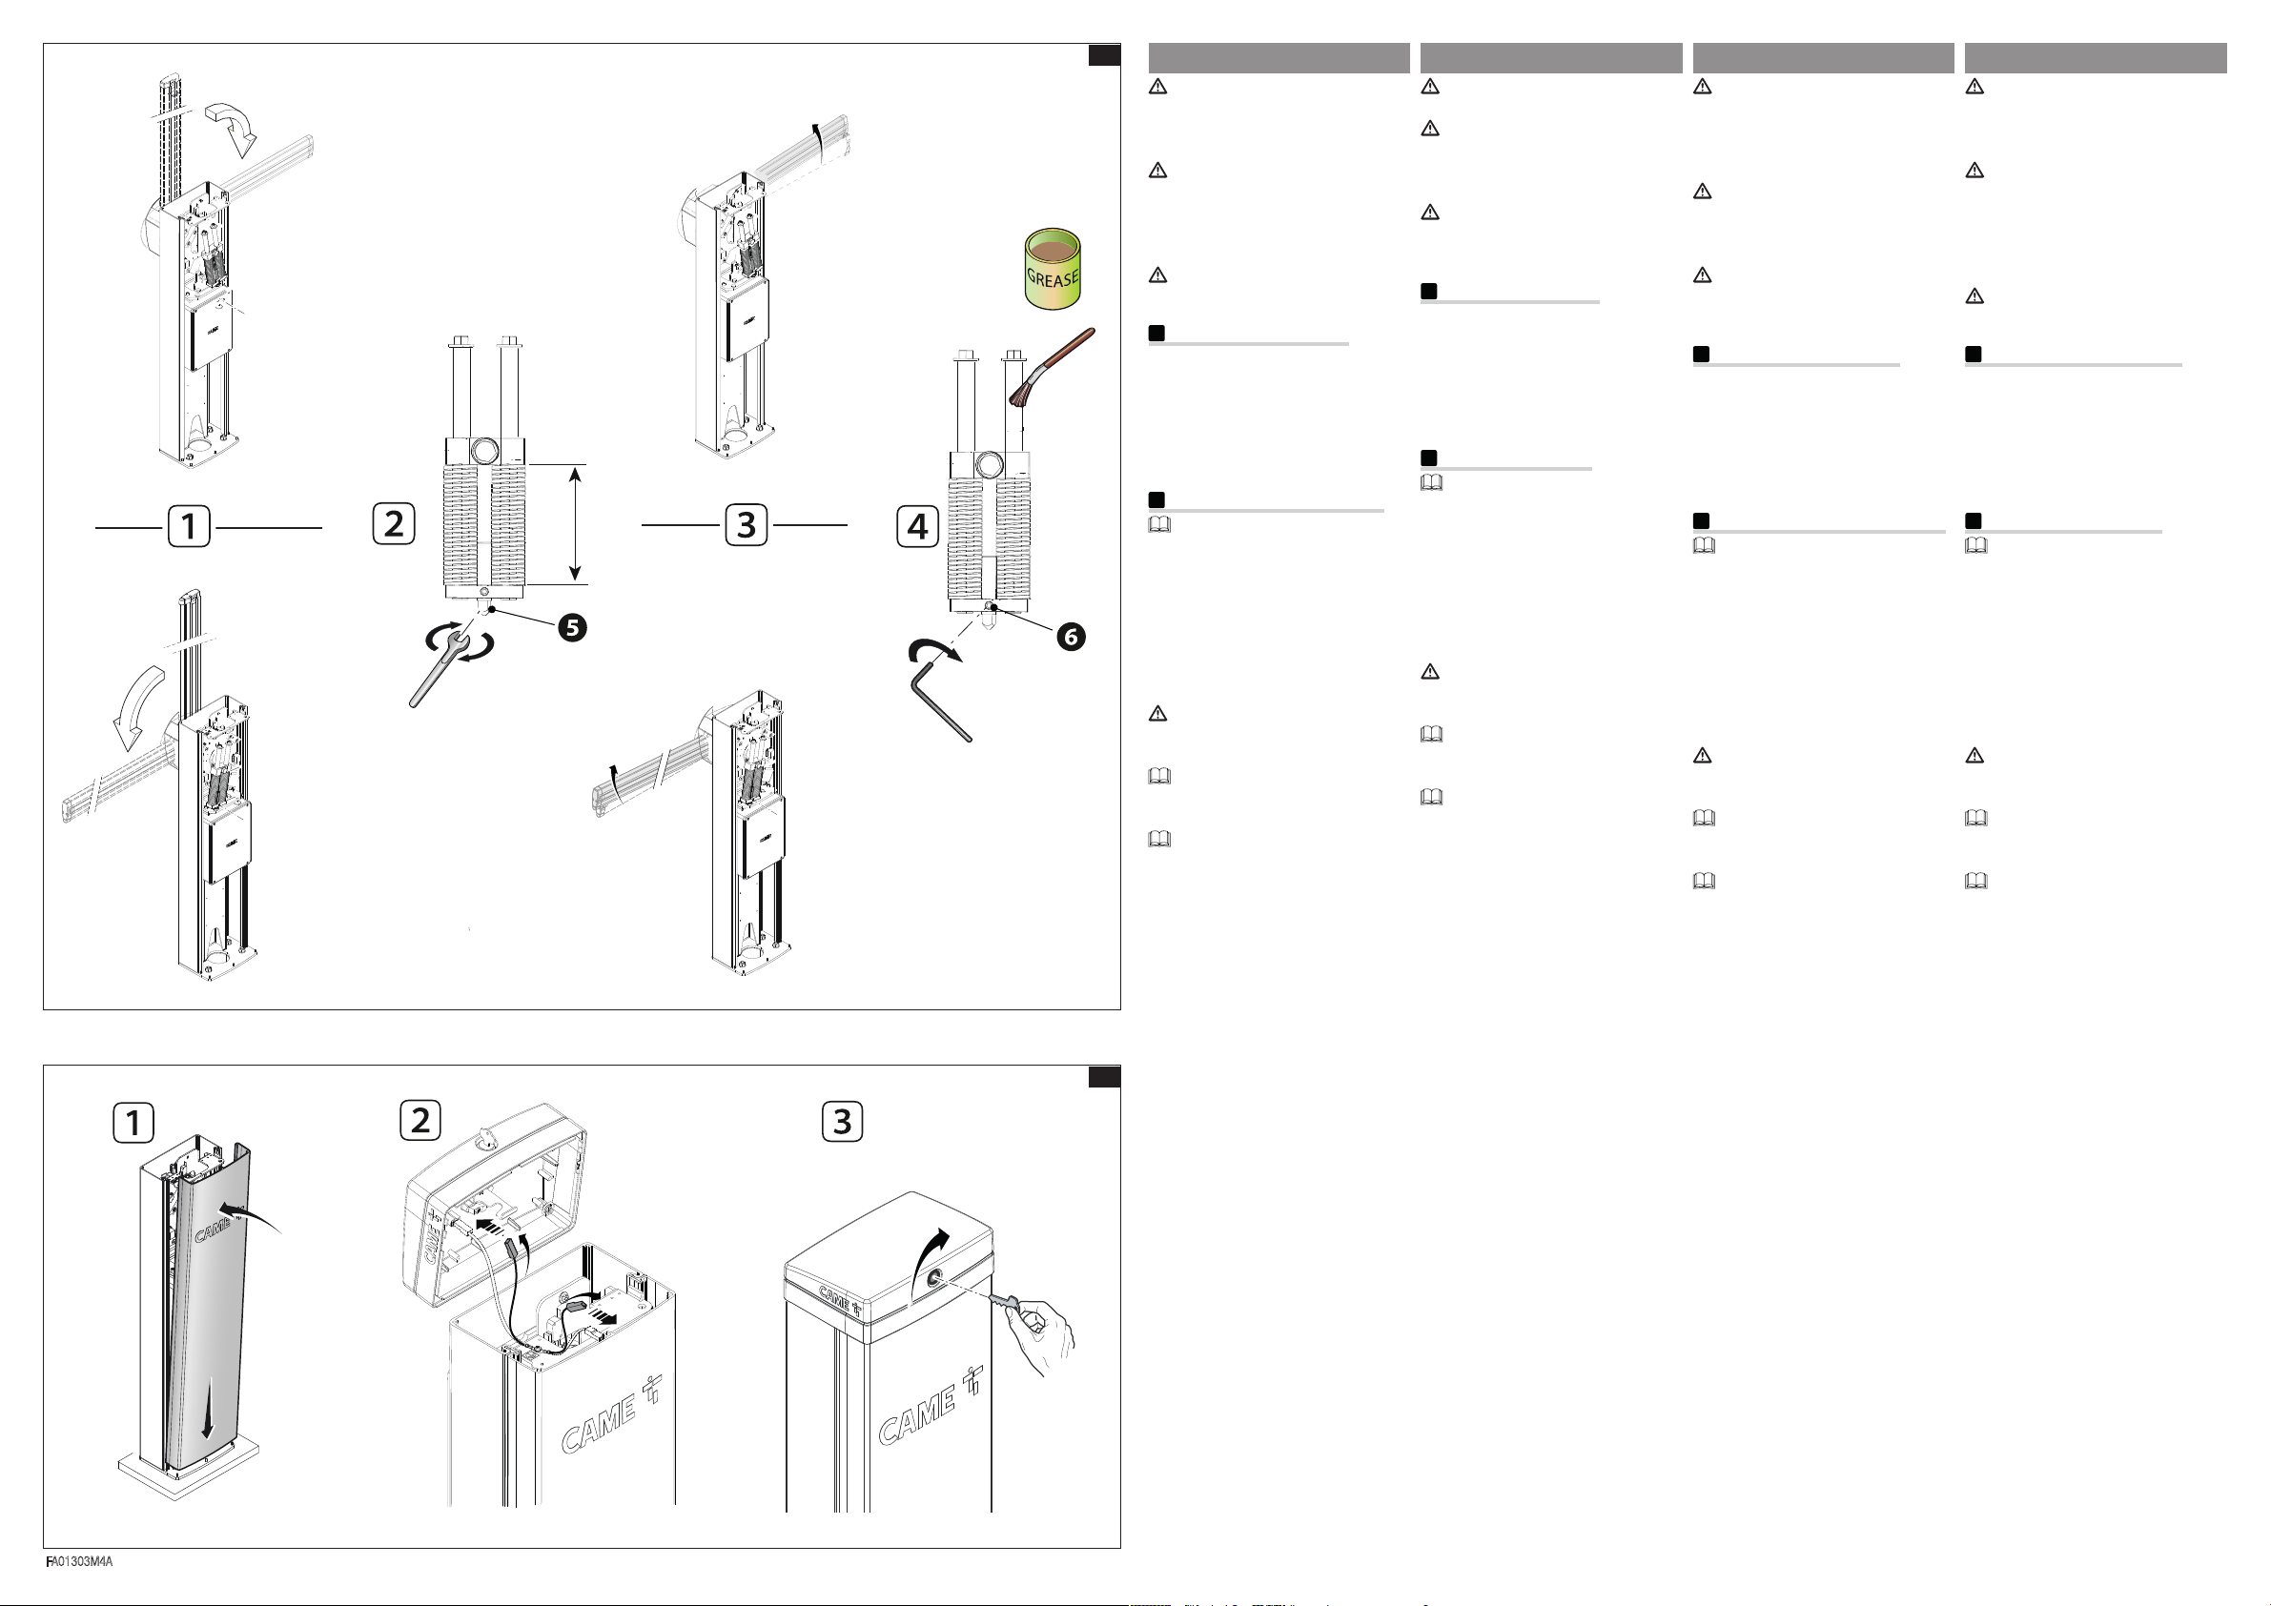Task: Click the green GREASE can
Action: click(x=1053, y=268)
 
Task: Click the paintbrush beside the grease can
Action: click(x=1051, y=368)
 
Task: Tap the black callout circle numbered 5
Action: click(x=572, y=627)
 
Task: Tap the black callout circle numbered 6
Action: click(x=1071, y=637)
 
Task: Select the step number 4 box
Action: click(x=918, y=526)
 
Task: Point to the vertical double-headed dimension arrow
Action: click(x=575, y=524)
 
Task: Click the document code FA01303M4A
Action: click(x=79, y=1561)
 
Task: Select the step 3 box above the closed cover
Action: click(x=843, y=1122)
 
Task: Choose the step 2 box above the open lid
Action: click(x=420, y=1120)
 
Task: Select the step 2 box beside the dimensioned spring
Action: click(x=394, y=524)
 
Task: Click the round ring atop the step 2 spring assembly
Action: click(x=485, y=451)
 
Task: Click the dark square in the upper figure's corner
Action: click(x=1104, y=54)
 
